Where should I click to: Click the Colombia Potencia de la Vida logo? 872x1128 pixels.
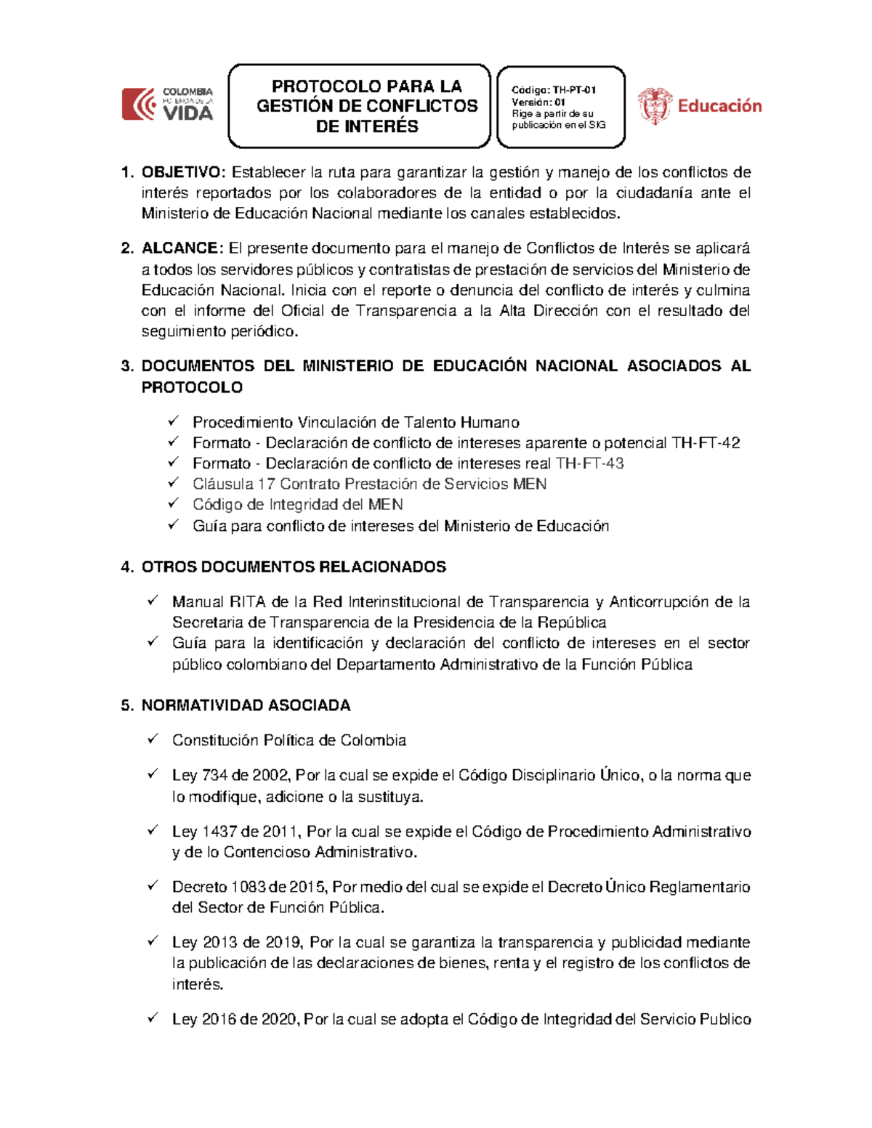pos(167,104)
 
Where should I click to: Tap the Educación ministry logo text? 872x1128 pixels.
pos(719,106)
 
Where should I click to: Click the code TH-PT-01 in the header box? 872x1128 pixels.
pos(573,90)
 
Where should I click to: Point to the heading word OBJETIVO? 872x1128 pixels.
pos(184,172)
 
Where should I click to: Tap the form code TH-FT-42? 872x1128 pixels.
pos(706,443)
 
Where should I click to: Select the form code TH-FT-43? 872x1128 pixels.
pos(589,463)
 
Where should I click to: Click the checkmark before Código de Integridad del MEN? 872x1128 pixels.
pos(173,503)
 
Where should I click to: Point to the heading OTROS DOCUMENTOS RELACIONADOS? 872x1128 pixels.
pos(294,567)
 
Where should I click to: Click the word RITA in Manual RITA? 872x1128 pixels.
pos(247,602)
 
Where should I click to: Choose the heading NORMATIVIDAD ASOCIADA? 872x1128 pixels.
pos(246,705)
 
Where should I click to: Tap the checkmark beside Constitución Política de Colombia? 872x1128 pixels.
pos(153,739)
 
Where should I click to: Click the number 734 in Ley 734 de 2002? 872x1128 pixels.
pos(214,776)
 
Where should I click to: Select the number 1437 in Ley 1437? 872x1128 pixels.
pos(219,832)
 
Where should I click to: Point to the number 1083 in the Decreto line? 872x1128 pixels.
pos(249,887)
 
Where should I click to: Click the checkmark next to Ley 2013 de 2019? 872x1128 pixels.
pos(153,941)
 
